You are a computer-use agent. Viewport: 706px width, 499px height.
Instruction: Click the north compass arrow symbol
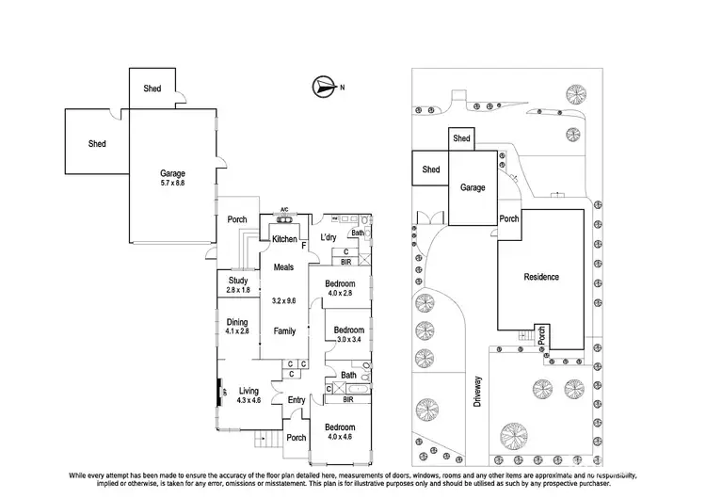(323, 88)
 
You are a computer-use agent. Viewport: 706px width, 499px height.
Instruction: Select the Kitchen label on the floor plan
(285, 240)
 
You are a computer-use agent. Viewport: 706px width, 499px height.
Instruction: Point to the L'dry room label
(329, 236)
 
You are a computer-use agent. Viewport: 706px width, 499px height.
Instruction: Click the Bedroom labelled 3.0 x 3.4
(347, 335)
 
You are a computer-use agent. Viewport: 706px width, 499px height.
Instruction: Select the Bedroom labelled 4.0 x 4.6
(341, 432)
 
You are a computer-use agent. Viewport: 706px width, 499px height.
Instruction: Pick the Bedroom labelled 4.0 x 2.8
(340, 289)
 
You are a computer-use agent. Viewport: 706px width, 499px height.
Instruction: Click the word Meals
(284, 267)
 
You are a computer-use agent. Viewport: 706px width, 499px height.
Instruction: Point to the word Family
(284, 331)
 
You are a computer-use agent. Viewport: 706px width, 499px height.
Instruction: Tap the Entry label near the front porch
(297, 400)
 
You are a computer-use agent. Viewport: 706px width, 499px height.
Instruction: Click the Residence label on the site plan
(541, 277)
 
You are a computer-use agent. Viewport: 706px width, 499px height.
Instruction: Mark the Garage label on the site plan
(473, 187)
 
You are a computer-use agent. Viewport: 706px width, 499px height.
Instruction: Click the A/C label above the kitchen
(284, 210)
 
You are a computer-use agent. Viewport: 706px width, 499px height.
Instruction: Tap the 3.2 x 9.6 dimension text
(284, 301)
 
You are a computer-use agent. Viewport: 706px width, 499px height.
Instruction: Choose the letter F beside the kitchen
(304, 245)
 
